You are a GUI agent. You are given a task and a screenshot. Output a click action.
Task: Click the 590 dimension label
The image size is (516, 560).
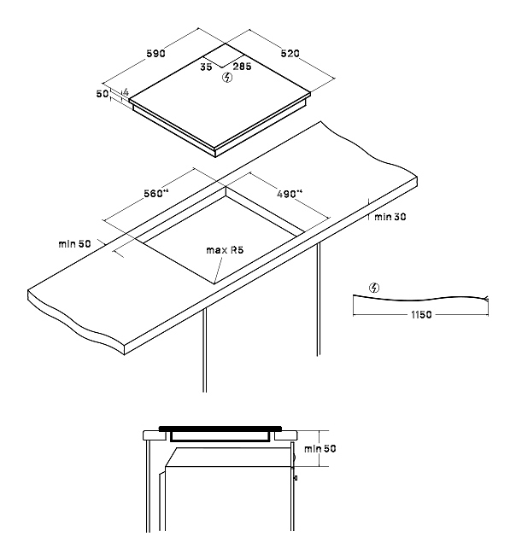(156, 54)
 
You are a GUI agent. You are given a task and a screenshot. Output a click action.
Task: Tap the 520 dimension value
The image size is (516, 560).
(290, 54)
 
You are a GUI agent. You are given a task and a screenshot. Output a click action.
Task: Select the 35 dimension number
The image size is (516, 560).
(206, 67)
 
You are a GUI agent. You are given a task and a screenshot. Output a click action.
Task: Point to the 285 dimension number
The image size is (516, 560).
(243, 67)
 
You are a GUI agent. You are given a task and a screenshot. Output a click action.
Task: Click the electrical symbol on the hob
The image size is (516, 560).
(227, 77)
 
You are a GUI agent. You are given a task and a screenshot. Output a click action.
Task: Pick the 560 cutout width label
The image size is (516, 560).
(155, 193)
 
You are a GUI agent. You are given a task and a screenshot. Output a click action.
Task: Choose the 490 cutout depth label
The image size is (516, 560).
(290, 194)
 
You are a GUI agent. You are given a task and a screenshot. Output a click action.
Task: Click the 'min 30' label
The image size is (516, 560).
(390, 217)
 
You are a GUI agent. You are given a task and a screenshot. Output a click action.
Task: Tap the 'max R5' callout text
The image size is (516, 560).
(225, 250)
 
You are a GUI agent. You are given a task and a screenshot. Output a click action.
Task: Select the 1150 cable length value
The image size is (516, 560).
(421, 315)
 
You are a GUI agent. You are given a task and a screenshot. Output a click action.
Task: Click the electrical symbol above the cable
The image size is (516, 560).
(374, 288)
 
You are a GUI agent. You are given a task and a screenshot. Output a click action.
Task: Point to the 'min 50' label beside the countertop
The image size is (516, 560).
(74, 244)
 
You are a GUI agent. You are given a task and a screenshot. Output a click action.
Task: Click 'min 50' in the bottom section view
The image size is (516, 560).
(320, 448)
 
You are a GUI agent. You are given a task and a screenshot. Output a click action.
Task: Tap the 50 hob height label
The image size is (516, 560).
(103, 94)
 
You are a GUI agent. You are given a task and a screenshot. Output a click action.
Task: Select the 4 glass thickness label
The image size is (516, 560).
(126, 92)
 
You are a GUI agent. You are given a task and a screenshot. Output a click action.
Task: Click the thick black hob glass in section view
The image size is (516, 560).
(220, 429)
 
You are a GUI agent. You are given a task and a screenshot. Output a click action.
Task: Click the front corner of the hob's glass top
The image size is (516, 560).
(215, 147)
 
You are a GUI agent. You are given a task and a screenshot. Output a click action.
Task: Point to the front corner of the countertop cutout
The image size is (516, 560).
(214, 284)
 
